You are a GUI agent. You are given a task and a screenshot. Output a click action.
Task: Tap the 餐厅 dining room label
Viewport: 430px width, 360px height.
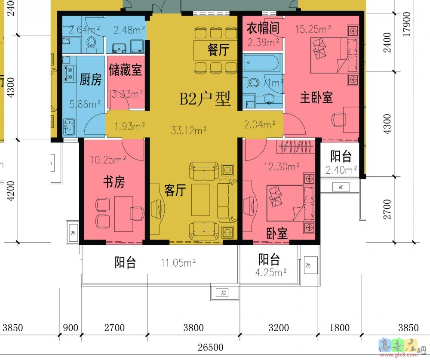(x=218, y=50)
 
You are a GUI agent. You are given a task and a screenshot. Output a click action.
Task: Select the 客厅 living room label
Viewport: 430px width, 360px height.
(x=175, y=190)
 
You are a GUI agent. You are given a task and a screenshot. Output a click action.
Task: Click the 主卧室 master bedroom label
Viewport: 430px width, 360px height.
(x=316, y=97)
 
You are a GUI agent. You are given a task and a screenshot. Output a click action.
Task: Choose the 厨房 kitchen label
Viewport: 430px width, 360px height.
(x=91, y=80)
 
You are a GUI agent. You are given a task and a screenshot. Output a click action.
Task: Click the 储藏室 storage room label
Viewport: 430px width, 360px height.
(x=126, y=70)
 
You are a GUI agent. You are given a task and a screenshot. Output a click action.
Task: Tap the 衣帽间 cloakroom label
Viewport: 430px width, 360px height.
(x=263, y=28)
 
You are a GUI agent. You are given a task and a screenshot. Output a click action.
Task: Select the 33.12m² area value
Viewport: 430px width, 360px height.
(x=189, y=128)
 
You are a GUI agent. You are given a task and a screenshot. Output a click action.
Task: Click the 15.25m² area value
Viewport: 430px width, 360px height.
(x=313, y=29)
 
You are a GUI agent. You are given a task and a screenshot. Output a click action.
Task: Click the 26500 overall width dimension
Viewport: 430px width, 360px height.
(x=210, y=347)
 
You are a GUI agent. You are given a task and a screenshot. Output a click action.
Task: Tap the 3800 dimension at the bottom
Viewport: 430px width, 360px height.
(x=193, y=328)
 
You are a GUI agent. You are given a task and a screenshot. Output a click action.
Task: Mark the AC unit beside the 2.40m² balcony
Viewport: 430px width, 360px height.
(x=341, y=187)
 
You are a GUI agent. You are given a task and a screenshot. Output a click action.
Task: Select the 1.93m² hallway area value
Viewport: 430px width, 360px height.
(x=129, y=126)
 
